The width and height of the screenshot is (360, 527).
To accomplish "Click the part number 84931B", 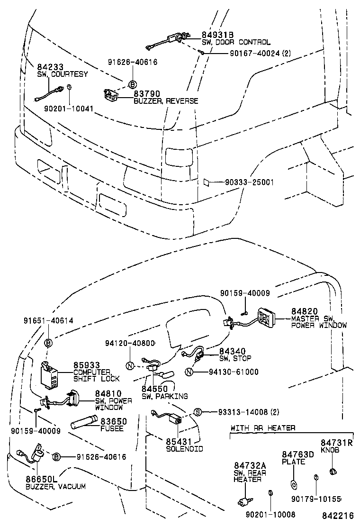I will click(217, 35).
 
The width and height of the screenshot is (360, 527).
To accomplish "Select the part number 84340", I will click(233, 351).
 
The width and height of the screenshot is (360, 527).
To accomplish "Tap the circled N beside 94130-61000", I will click(189, 372).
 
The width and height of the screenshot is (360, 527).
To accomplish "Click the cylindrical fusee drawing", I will click(83, 422).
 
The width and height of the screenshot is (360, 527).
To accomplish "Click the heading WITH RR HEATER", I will click(263, 428).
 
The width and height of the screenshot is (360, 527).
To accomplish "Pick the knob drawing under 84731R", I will click(333, 471).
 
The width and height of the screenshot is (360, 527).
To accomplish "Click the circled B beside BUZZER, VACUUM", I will click(56, 456).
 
